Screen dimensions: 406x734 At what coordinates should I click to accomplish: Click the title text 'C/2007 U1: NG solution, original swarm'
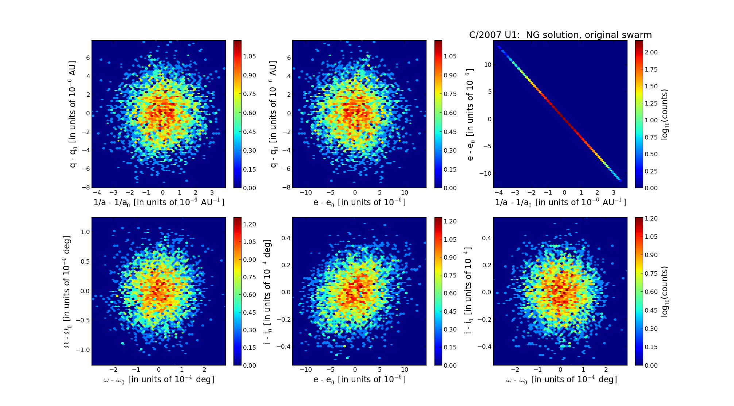(560, 35)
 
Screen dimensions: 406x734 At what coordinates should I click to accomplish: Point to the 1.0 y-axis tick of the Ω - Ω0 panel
(85, 232)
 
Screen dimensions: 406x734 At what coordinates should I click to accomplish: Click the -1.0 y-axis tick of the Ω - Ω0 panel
(84, 350)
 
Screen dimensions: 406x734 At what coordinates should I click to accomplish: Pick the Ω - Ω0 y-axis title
(67, 291)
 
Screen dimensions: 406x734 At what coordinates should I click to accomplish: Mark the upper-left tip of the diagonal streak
(499, 47)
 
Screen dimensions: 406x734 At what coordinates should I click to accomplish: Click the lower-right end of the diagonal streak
(620, 180)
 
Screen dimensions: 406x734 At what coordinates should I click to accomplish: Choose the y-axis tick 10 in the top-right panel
(487, 65)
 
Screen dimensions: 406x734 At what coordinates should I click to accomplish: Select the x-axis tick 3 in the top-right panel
(614, 192)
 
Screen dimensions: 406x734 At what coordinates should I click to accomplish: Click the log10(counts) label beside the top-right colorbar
(665, 114)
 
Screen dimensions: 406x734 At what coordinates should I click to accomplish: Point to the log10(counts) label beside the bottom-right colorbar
(665, 291)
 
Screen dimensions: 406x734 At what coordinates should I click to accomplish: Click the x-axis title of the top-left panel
(159, 202)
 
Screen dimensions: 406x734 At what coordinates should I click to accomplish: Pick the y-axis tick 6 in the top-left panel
(88, 58)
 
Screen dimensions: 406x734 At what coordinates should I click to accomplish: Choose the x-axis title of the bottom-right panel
(561, 380)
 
